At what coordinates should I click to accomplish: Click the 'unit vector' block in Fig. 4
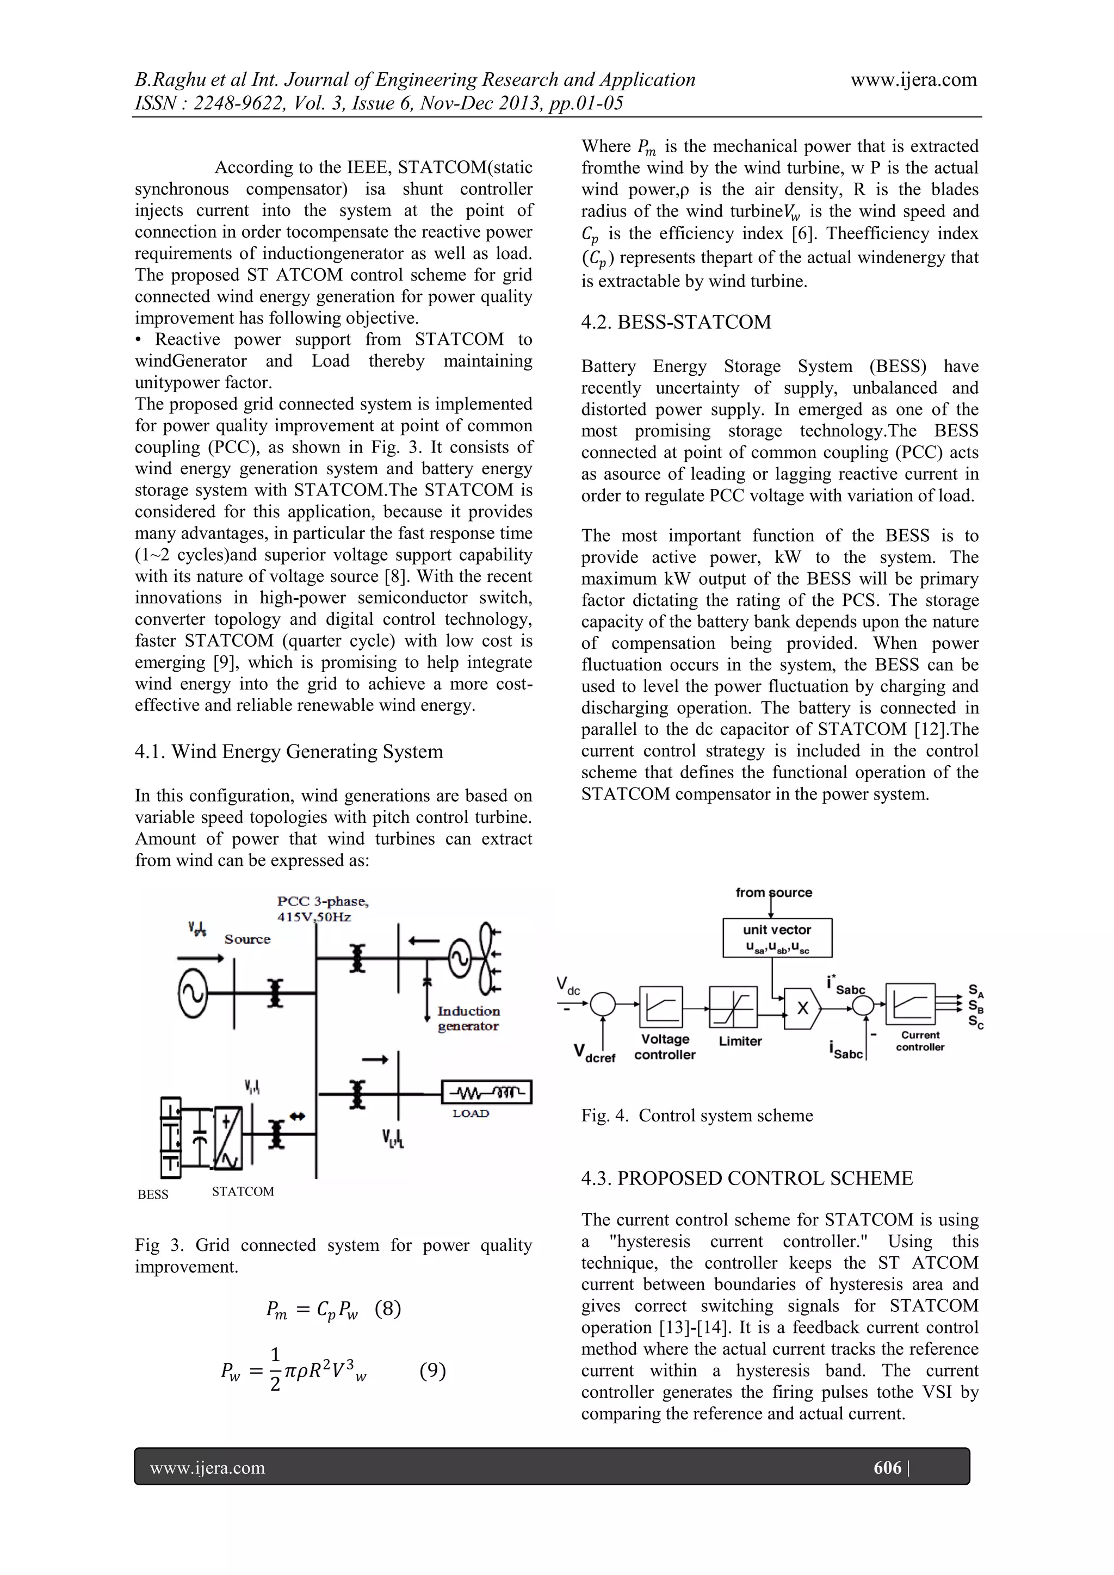click(777, 937)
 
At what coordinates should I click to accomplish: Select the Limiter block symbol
click(733, 1008)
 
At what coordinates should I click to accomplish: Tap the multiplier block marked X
click(802, 1008)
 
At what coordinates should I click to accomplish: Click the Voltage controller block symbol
click(660, 1007)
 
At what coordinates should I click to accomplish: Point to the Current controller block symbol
click(909, 1004)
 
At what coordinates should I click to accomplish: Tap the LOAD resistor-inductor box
click(486, 1092)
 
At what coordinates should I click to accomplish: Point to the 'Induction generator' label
click(468, 1019)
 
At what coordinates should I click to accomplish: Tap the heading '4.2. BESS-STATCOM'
click(676, 322)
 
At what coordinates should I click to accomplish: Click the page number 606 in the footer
click(887, 1467)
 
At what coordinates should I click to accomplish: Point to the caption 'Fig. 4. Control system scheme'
click(696, 1115)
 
